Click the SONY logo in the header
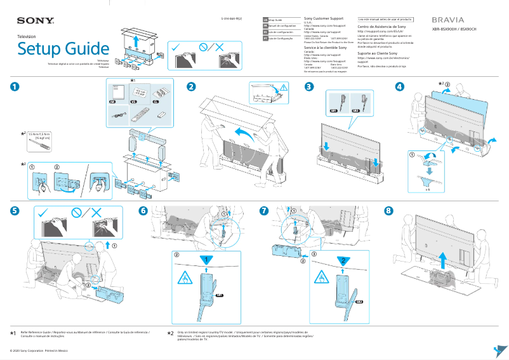coord(21,20)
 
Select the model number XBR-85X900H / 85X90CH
coord(456,29)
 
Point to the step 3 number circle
coord(308,86)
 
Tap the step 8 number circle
coord(389,211)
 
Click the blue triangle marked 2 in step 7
coord(341,260)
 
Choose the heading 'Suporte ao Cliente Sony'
coord(379,53)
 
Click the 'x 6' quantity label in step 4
coord(427,189)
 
